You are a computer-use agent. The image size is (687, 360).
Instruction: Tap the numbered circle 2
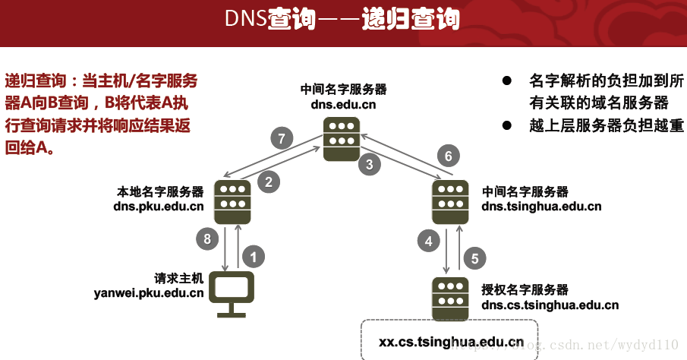point(268,182)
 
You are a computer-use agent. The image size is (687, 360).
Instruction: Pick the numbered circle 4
point(429,242)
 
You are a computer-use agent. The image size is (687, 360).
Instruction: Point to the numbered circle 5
point(474,257)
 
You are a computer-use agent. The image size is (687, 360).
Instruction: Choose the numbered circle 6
point(449,156)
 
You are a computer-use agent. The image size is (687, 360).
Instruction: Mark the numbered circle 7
point(282,138)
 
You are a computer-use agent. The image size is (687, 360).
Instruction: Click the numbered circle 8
point(207,240)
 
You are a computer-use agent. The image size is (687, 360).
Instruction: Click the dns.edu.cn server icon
point(342,137)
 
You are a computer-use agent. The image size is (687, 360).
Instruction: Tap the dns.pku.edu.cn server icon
point(232,201)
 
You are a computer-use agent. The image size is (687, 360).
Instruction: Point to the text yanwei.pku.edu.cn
point(148,292)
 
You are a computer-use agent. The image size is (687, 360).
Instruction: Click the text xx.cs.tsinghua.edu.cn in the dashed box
point(451,342)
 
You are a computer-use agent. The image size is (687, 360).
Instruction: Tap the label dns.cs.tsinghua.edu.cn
point(550,305)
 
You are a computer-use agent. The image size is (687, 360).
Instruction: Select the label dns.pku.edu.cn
point(159,206)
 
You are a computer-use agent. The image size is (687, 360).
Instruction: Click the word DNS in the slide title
point(245,19)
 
